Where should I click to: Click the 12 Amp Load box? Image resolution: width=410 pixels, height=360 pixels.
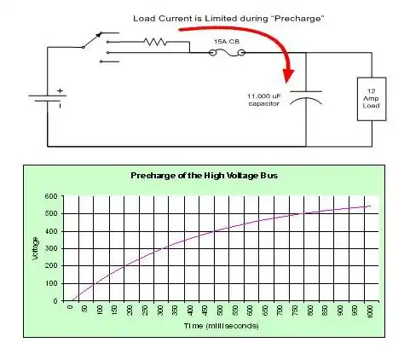(x=372, y=99)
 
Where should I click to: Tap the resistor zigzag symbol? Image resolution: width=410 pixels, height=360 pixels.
(x=155, y=42)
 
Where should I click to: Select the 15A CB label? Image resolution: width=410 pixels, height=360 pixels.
(x=227, y=42)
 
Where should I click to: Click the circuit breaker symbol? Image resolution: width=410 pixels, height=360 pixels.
(x=227, y=53)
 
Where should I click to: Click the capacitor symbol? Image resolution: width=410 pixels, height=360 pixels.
(x=306, y=97)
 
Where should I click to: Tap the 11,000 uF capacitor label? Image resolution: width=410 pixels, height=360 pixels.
(x=264, y=100)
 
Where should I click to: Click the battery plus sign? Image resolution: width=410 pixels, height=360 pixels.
(x=60, y=91)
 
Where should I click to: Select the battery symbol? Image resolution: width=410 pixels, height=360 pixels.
(x=48, y=98)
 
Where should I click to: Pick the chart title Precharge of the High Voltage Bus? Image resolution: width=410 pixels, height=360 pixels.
(x=204, y=176)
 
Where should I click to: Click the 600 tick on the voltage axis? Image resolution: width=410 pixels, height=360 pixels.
(x=51, y=196)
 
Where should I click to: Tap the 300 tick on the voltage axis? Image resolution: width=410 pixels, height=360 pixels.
(x=51, y=248)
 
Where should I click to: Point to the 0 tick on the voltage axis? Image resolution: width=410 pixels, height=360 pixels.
(x=55, y=301)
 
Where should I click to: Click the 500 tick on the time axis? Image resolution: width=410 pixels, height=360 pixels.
(x=220, y=310)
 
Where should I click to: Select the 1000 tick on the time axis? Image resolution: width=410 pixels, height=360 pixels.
(x=370, y=311)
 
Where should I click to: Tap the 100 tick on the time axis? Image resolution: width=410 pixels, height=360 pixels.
(x=100, y=310)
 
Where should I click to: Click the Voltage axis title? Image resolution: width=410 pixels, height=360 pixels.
(x=35, y=248)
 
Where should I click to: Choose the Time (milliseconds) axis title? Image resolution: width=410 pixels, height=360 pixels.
(x=222, y=326)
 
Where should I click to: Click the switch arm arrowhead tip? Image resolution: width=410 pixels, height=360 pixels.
(x=101, y=33)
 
